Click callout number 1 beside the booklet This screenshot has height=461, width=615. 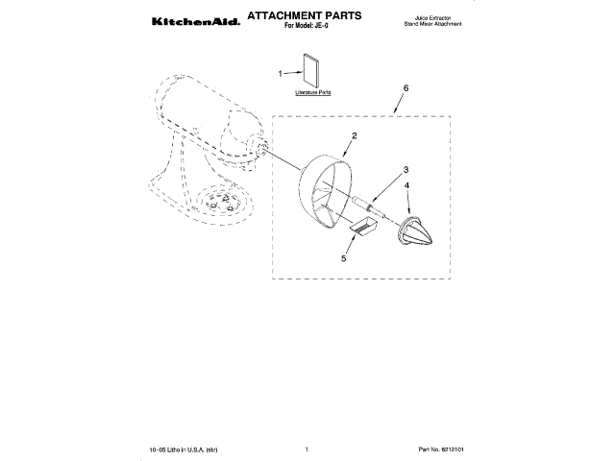(281, 72)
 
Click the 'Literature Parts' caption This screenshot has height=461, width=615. (312, 94)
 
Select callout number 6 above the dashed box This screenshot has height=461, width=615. (406, 87)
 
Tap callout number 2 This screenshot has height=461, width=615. (354, 135)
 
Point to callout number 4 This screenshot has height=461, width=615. (407, 185)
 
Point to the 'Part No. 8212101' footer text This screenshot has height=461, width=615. (447, 449)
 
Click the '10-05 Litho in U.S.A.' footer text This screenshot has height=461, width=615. (183, 449)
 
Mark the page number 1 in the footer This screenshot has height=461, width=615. (305, 449)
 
